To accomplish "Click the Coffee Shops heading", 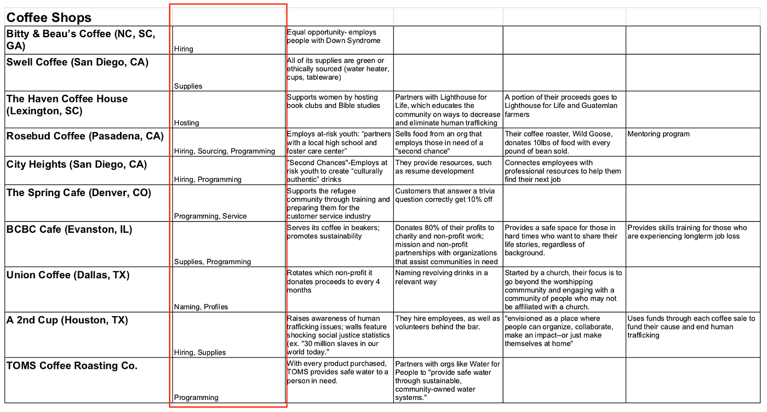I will pyautogui.click(x=49, y=18).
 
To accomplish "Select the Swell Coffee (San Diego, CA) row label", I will pyautogui.click(x=77, y=62).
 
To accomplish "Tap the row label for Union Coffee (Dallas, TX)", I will pyautogui.click(x=68, y=275).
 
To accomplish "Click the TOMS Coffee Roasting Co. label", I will pyautogui.click(x=72, y=366).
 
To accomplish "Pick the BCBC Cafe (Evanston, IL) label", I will pyautogui.click(x=69, y=230).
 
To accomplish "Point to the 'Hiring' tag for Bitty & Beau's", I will pyautogui.click(x=184, y=49).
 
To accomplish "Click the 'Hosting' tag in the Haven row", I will pyautogui.click(x=186, y=123).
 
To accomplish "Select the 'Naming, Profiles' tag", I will pyautogui.click(x=201, y=307).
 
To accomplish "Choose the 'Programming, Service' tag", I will pyautogui.click(x=210, y=216).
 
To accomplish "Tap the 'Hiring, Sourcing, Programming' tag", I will pyautogui.click(x=225, y=151).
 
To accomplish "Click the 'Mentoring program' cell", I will pyautogui.click(x=659, y=134).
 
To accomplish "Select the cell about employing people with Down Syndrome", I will pyautogui.click(x=333, y=37).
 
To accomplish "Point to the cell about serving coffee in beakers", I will pyautogui.click(x=333, y=232).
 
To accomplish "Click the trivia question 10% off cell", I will pyautogui.click(x=444, y=195).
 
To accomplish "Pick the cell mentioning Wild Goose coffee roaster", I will pyautogui.click(x=559, y=142).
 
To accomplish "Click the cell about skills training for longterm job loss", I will pyautogui.click(x=687, y=232).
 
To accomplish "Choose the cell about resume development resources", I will pyautogui.click(x=444, y=167).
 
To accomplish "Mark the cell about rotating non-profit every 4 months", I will pyautogui.click(x=333, y=281).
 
